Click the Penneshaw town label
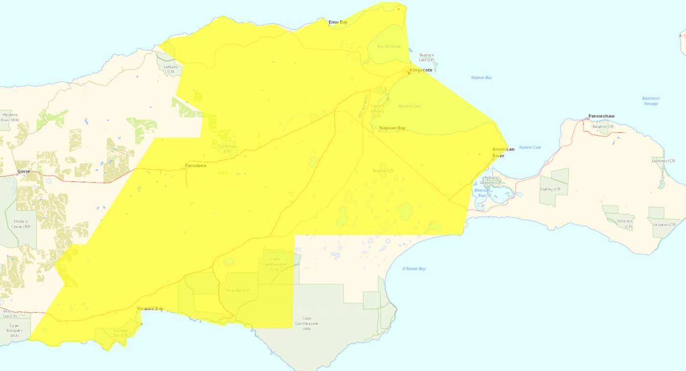tap(601, 116)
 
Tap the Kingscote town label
tap(421, 70)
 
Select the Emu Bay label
tap(338, 22)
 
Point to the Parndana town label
tap(196, 166)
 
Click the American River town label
tap(503, 152)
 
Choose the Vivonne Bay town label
tap(150, 309)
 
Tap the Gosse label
tap(24, 172)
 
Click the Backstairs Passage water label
tap(651, 101)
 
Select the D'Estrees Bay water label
tap(414, 269)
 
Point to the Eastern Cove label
tap(530, 148)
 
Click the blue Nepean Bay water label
tap(481, 77)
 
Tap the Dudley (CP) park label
tap(550, 189)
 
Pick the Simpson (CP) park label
tap(624, 221)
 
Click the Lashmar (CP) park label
tap(663, 161)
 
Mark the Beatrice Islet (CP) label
tap(426, 57)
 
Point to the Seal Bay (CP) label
tap(238, 291)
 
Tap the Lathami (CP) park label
tap(171, 69)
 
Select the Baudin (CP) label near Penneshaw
tap(603, 126)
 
